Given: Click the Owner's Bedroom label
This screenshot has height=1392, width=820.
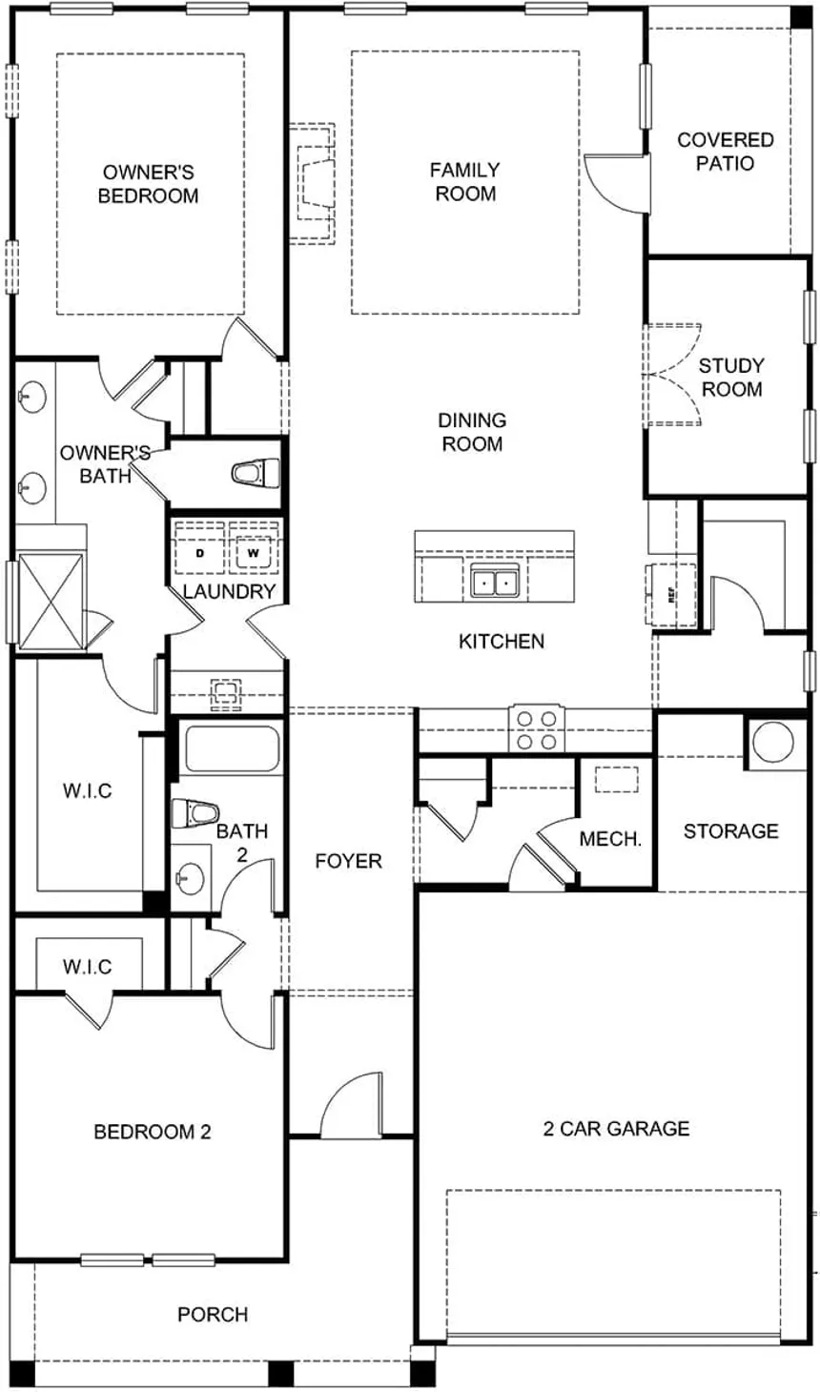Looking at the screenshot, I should pyautogui.click(x=149, y=184).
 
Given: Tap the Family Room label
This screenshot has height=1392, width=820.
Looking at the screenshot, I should pyautogui.click(x=464, y=181).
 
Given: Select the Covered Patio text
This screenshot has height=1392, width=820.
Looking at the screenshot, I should pyautogui.click(x=725, y=152).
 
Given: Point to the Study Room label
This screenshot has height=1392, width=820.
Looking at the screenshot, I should pyautogui.click(x=731, y=377).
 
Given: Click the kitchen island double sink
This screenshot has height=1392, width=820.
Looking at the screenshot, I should pyautogui.click(x=495, y=581).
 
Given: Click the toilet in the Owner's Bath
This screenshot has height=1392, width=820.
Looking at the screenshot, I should pyautogui.click(x=255, y=472).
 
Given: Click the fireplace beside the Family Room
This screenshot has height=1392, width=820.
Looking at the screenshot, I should pyautogui.click(x=315, y=183).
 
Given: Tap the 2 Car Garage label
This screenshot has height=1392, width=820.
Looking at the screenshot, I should pyautogui.click(x=616, y=1129).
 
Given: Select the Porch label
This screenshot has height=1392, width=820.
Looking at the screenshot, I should pyautogui.click(x=213, y=1315).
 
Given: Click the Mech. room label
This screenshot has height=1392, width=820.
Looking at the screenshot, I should pyautogui.click(x=610, y=839).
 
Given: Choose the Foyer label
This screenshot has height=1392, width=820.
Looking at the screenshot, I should pyautogui.click(x=348, y=861).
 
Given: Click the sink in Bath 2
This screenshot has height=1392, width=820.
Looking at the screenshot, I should pyautogui.click(x=194, y=875).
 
